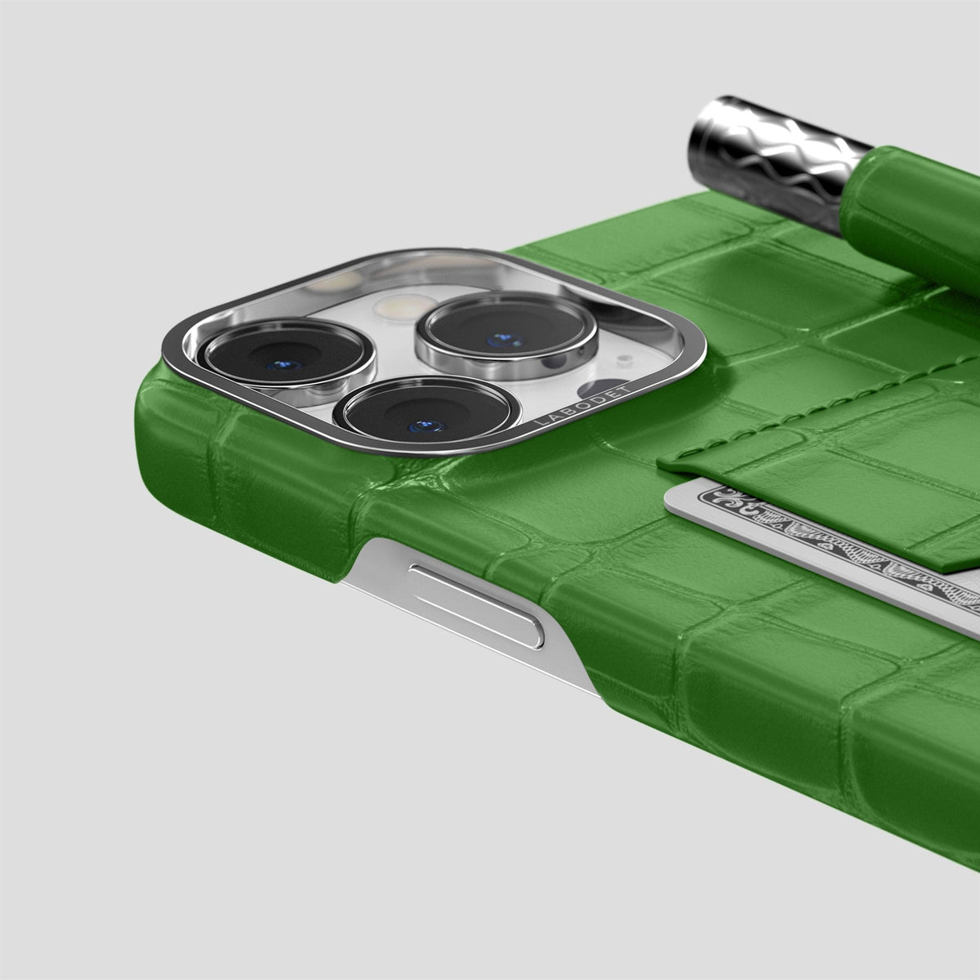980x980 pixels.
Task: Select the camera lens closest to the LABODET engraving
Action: point(426,414)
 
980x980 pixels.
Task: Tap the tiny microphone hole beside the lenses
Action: point(622,361)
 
